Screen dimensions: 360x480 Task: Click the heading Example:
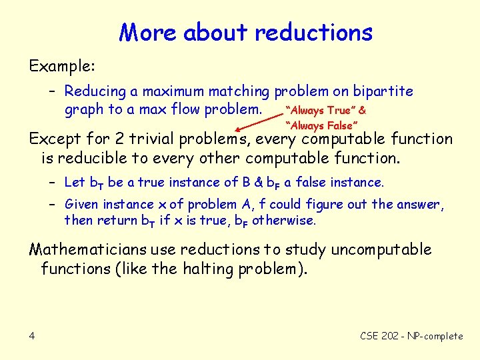pyautogui.click(x=63, y=67)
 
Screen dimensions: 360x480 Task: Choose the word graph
pyautogui.click(x=84, y=109)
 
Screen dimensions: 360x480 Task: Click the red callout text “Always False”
pyautogui.click(x=322, y=125)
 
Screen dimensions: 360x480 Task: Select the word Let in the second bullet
pyautogui.click(x=75, y=182)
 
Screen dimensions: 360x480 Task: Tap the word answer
pyautogui.click(x=423, y=204)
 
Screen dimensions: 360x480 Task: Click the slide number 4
pyautogui.click(x=32, y=336)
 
